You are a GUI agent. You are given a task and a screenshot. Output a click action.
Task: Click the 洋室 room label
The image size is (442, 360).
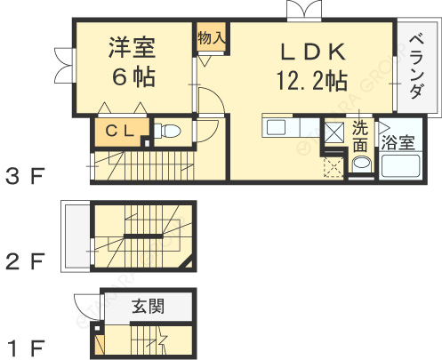tap(133, 47)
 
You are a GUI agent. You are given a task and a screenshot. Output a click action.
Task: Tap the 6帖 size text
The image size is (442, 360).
tap(133, 76)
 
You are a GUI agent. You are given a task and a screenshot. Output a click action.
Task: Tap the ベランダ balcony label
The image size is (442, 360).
tap(416, 68)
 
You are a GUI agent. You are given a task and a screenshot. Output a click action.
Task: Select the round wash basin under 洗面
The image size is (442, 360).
tap(361, 164)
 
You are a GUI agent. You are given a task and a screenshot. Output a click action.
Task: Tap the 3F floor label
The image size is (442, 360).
tap(25, 175)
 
